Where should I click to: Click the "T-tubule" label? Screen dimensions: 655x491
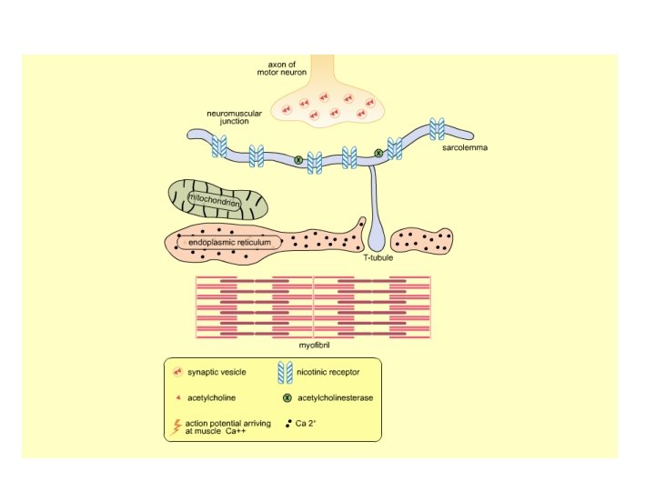[377, 257]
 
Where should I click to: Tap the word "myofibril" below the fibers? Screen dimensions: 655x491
[313, 346]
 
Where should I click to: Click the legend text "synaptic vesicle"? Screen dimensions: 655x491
[217, 372]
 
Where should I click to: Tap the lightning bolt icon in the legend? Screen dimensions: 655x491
[176, 426]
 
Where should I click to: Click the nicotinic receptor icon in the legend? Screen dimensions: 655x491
[285, 372]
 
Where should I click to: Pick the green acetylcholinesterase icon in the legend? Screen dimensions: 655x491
[287, 397]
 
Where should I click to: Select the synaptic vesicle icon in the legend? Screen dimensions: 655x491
[176, 372]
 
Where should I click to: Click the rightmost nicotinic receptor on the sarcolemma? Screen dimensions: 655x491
[437, 129]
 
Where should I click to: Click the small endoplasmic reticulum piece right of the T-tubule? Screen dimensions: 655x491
[421, 241]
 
